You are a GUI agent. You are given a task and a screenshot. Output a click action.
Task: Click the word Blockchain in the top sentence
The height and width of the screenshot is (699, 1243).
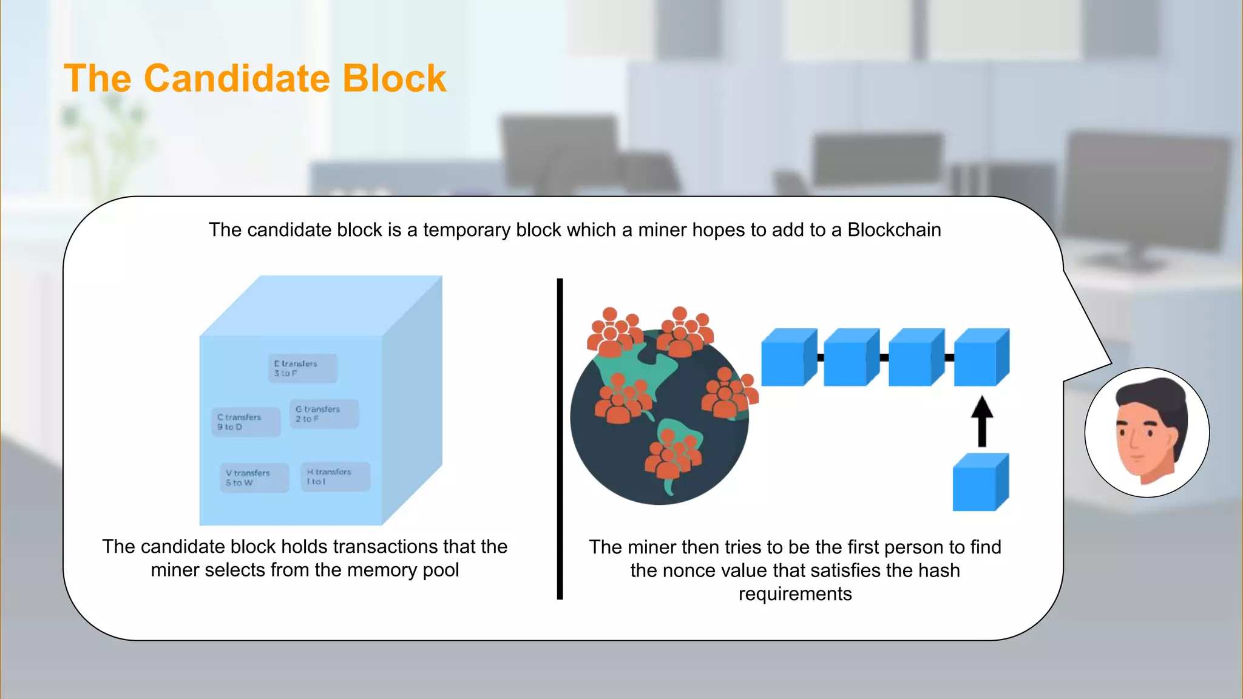click(894, 230)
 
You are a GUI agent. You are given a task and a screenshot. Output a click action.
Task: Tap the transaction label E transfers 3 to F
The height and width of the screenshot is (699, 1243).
click(302, 368)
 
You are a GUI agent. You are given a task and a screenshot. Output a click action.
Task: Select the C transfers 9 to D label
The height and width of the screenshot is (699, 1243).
click(246, 422)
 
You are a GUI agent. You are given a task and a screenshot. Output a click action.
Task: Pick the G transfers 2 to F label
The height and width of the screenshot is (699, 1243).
click(324, 414)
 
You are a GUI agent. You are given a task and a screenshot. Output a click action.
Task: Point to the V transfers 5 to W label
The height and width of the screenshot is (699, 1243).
click(254, 478)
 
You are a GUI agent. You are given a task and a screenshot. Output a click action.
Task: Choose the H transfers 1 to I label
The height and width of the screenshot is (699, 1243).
click(335, 476)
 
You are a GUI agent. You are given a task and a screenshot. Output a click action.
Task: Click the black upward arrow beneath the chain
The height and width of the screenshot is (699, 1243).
click(981, 421)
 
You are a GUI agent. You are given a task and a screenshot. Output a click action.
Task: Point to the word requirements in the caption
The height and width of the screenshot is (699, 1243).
click(795, 594)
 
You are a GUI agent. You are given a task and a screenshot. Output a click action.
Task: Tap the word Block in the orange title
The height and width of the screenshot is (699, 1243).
click(394, 78)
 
